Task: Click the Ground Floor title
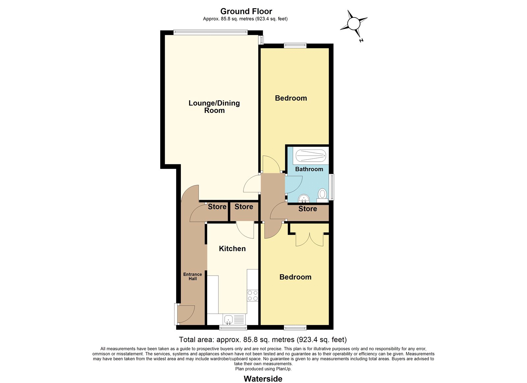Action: [x=246, y=11]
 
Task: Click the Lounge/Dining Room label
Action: [x=214, y=107]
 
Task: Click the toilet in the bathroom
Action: [x=322, y=196]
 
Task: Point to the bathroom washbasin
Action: [x=304, y=199]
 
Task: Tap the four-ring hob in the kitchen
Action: [x=252, y=296]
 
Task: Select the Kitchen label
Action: [x=232, y=249]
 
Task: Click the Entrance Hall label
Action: [x=192, y=276]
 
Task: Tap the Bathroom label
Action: [x=309, y=169]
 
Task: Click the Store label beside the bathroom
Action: [x=308, y=209]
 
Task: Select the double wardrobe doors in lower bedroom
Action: [x=309, y=239]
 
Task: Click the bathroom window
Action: [x=331, y=187]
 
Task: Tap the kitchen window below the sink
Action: [x=233, y=327]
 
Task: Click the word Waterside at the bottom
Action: [x=263, y=379]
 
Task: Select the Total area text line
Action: [x=263, y=340]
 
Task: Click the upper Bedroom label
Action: [x=291, y=98]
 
